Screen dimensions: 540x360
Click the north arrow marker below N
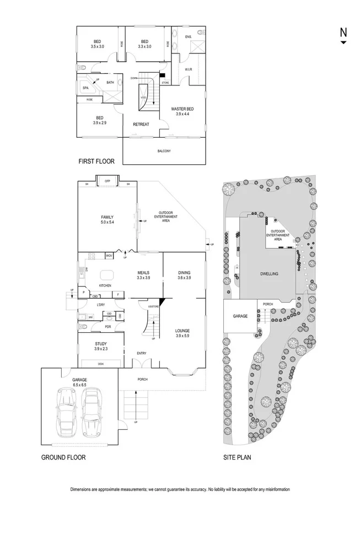coord(343,42)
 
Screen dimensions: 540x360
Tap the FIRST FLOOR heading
coord(96,162)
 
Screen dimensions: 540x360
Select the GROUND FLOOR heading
coord(63,457)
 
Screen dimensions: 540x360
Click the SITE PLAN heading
coord(237,457)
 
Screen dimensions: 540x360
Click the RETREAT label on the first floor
coord(141,125)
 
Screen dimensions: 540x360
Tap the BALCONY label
coord(164,151)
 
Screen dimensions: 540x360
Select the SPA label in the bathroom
coord(85,88)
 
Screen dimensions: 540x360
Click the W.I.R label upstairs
coord(188,70)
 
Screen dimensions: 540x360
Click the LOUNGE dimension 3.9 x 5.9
coord(182,336)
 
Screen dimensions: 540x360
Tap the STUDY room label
coord(101,343)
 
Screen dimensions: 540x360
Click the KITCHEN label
coord(105,285)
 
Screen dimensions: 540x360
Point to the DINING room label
coord(184,272)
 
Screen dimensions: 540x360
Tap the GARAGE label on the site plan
coord(240,317)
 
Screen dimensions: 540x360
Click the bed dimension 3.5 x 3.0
coord(97,47)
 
